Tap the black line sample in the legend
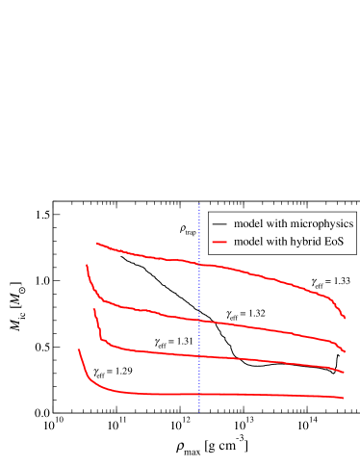tap(219, 224)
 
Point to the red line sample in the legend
tap(219, 242)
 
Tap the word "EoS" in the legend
tap(335, 242)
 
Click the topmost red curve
tap(250, 272)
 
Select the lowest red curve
tap(250, 395)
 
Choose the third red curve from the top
tap(250, 359)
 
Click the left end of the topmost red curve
tap(96, 244)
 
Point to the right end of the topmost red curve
tap(345, 318)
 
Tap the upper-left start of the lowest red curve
tap(79, 349)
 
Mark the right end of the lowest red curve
tap(344, 398)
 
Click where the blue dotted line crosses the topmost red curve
tap(199, 263)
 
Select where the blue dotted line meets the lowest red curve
tap(199, 394)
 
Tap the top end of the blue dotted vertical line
tap(199, 204)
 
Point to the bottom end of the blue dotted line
tap(199, 412)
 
